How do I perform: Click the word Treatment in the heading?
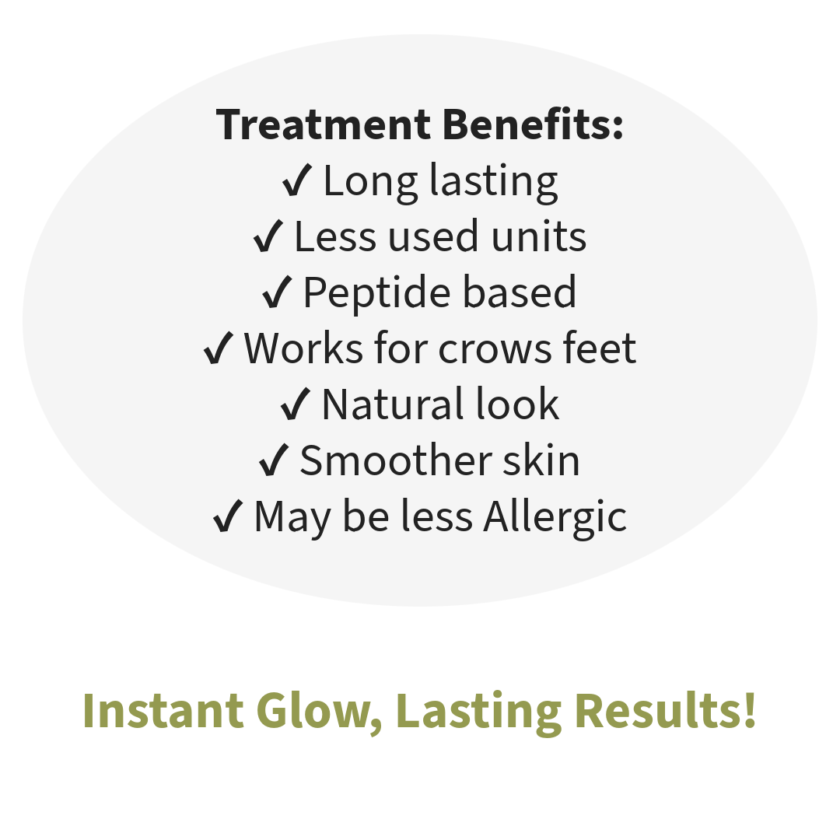(x=323, y=124)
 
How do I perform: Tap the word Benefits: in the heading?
(x=533, y=124)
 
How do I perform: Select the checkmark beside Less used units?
(x=268, y=236)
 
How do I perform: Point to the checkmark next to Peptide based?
(x=277, y=292)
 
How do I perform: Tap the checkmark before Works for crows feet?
(x=218, y=348)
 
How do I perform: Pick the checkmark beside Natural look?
(x=296, y=404)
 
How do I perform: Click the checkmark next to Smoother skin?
(x=274, y=460)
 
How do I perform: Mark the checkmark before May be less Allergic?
(x=228, y=516)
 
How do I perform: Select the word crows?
(x=495, y=349)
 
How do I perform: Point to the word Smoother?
(x=396, y=460)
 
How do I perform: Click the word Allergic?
(x=555, y=517)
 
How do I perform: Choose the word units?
(x=538, y=236)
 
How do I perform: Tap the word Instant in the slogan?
(x=163, y=710)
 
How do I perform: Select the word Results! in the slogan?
(x=665, y=710)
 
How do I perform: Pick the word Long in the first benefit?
(x=371, y=181)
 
